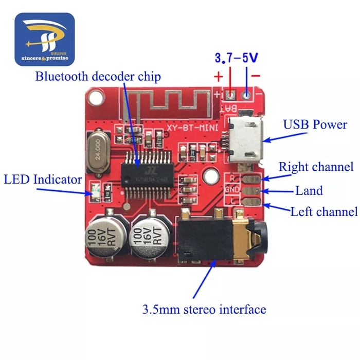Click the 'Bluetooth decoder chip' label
[x=98, y=77]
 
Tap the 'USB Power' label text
[x=315, y=124]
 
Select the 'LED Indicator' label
[x=43, y=179]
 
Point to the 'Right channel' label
[x=316, y=167]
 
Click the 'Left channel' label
[x=323, y=211]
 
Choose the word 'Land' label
[x=309, y=191]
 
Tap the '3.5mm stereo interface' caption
[x=204, y=310]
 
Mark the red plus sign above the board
[x=218, y=78]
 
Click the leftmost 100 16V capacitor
[x=105, y=236]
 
